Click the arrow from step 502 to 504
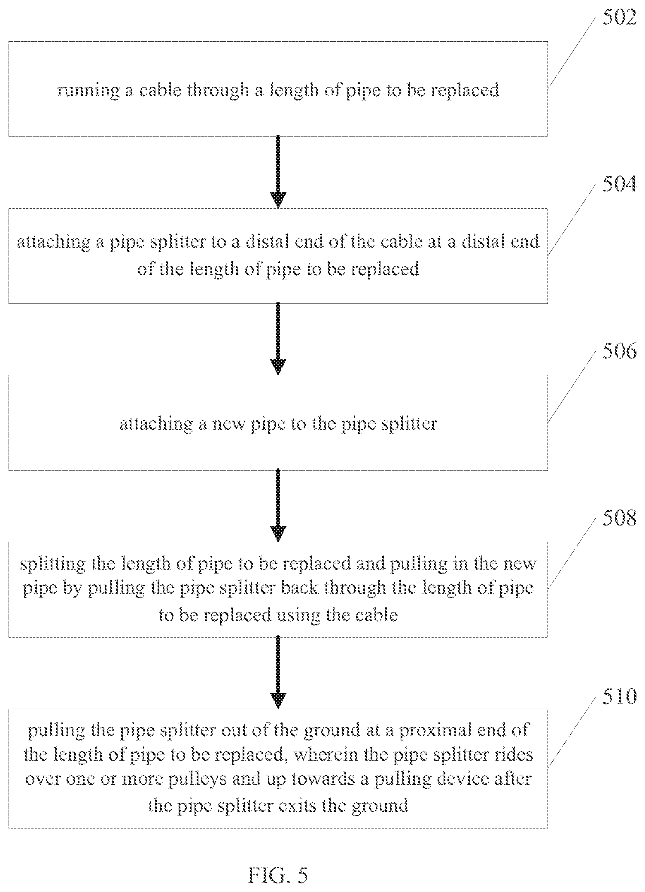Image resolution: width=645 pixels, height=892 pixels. click(x=278, y=172)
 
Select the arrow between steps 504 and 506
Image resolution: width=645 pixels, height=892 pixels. click(x=278, y=339)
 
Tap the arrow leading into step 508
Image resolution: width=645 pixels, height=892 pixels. click(x=278, y=506)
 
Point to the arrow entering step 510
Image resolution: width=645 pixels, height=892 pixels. click(x=278, y=673)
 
